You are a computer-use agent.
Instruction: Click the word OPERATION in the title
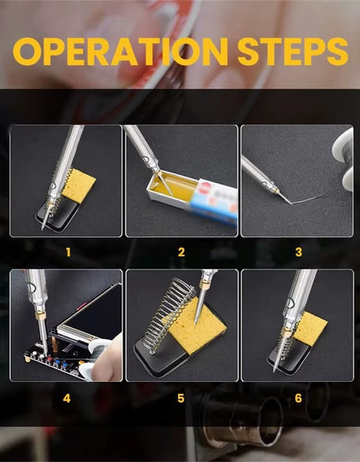pos(121,52)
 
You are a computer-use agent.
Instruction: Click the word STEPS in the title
pos(293,52)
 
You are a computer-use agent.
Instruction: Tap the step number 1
pos(68,252)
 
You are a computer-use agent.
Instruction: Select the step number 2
pos(181,252)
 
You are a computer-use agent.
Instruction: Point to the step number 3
pos(299,252)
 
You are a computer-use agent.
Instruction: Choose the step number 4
pos(67,399)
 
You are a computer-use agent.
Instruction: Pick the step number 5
pos(181,399)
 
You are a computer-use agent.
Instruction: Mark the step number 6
pos(298,399)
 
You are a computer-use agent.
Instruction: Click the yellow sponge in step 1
pos(79,186)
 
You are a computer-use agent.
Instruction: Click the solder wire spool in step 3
pos(344,159)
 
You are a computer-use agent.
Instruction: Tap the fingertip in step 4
pos(108,361)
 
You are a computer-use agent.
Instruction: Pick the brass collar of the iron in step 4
pos(40,316)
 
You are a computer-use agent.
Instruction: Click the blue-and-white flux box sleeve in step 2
pos(212,200)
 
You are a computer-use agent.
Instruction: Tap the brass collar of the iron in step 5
pos(204,285)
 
